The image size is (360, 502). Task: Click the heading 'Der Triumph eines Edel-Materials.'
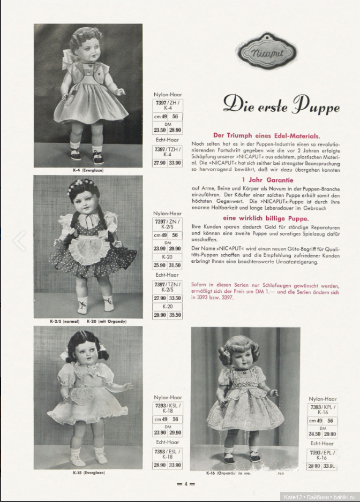(266, 136)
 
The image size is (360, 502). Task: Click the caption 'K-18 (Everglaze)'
(88, 473)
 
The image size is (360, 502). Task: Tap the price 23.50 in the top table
(160, 130)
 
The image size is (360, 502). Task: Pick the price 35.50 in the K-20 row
(175, 315)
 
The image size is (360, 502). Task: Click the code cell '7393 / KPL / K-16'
(322, 410)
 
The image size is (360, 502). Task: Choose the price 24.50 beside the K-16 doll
(314, 433)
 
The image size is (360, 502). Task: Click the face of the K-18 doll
(85, 356)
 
